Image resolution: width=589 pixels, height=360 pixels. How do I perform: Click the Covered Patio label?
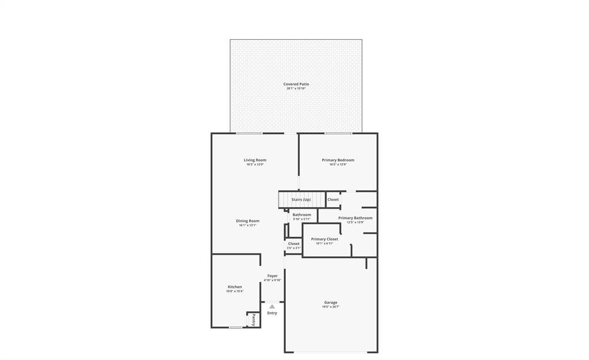[x=296, y=84]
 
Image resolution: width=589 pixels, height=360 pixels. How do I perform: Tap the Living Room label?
[x=255, y=160]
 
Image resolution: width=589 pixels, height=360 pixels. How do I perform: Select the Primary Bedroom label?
[x=338, y=160]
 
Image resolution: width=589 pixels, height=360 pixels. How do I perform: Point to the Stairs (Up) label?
[x=301, y=200]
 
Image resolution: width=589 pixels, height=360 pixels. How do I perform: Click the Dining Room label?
[x=247, y=221]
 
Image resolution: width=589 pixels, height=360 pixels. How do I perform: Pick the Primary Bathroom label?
[x=355, y=218]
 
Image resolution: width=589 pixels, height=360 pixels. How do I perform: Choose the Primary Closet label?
[x=324, y=239]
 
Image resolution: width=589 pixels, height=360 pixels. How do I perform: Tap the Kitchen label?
[x=235, y=287]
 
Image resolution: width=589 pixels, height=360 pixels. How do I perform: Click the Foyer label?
[x=272, y=276]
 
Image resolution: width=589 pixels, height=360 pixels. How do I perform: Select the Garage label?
[x=331, y=302]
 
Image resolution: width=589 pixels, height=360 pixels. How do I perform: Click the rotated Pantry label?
[x=253, y=320]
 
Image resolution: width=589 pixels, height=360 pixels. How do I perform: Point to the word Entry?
[x=272, y=313]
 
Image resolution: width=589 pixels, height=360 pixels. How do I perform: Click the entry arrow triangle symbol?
[x=272, y=307]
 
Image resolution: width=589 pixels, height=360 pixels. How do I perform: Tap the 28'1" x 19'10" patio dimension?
[x=296, y=89]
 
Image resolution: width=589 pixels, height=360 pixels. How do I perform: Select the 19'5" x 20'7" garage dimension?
[x=331, y=307]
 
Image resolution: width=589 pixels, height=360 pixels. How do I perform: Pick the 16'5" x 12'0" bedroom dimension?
[x=338, y=164]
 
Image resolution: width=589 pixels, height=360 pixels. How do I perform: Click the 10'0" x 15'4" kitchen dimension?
[x=235, y=292]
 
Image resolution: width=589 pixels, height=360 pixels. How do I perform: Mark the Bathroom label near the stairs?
[x=301, y=215]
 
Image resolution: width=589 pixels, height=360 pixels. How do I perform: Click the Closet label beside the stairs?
[x=333, y=200]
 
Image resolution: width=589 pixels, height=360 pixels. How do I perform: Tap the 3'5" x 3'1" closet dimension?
[x=293, y=248]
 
